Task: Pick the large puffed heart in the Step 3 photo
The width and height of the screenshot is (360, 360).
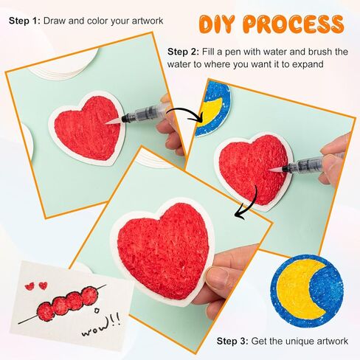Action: [x=162, y=243]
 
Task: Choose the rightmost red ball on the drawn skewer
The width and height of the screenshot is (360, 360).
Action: [x=89, y=295]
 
